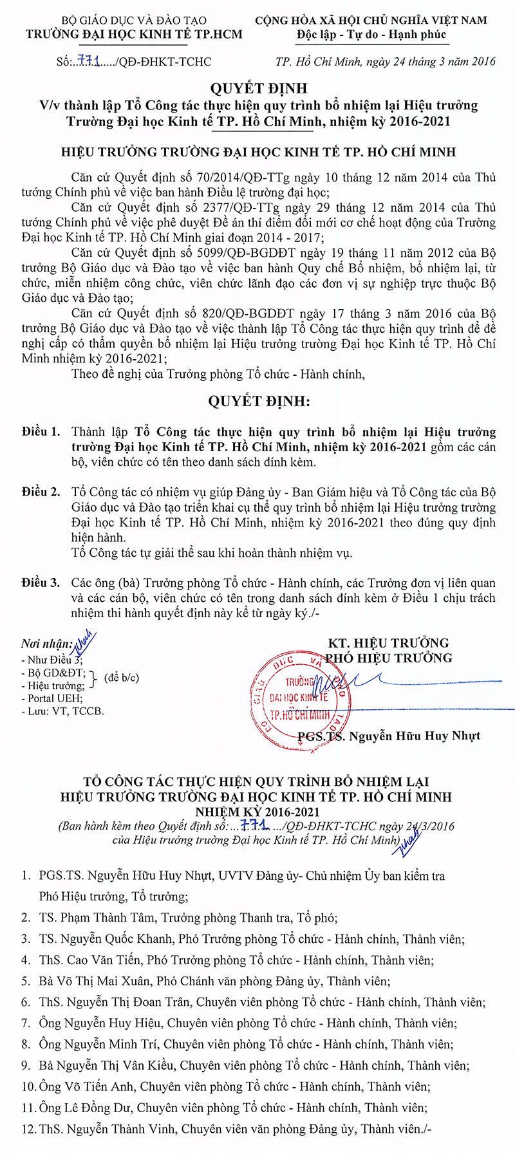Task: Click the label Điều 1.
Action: coord(41,432)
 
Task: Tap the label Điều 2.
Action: coord(41,492)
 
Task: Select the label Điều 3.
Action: coord(41,583)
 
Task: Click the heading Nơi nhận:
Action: coord(47,644)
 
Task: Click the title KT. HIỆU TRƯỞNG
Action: coord(388,643)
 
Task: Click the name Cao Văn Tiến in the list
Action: coord(104,960)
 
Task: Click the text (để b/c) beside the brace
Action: coord(122,678)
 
